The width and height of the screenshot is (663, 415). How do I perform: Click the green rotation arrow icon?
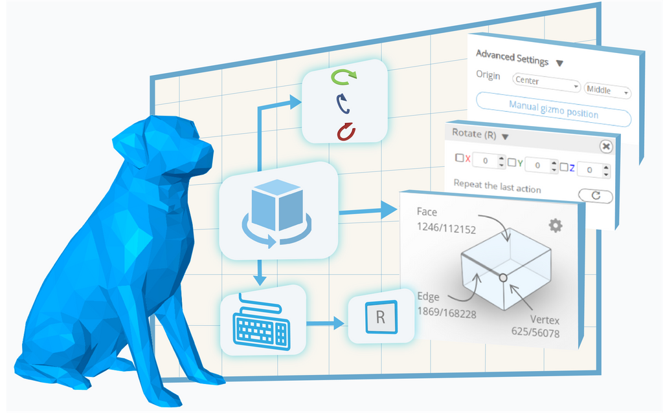pos(344,78)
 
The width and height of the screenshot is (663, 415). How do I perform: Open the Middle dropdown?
pos(607,91)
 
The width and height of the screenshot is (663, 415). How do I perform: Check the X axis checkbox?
pos(459,158)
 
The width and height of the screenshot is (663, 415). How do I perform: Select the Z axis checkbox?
pos(563,167)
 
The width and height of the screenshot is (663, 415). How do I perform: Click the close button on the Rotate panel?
pos(605,147)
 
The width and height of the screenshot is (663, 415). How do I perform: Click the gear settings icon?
pos(555,225)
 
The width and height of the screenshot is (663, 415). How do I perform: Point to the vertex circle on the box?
pos(502,277)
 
